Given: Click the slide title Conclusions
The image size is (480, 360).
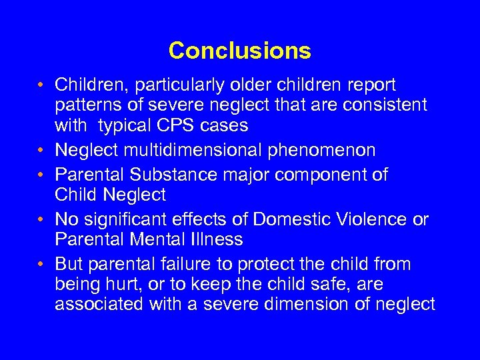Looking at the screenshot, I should tap(239, 51).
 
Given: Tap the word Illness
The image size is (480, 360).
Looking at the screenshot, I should tap(218, 239).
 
